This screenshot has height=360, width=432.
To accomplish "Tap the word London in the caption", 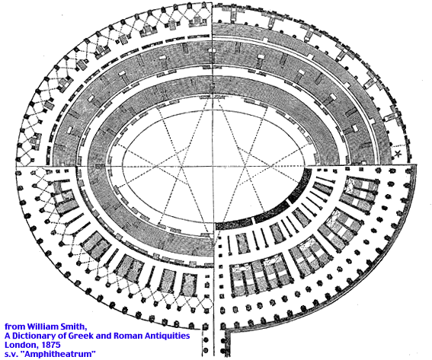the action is click(18, 345).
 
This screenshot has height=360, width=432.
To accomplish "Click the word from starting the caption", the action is click(15, 327).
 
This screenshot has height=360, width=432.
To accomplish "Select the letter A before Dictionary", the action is click(8, 336).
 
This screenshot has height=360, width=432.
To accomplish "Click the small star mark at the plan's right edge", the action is click(398, 154).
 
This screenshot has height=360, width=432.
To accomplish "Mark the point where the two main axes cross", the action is click(213, 166).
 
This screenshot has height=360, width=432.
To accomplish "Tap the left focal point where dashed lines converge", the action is click(181, 166).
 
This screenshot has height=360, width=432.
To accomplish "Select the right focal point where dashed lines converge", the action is click(245, 166).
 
